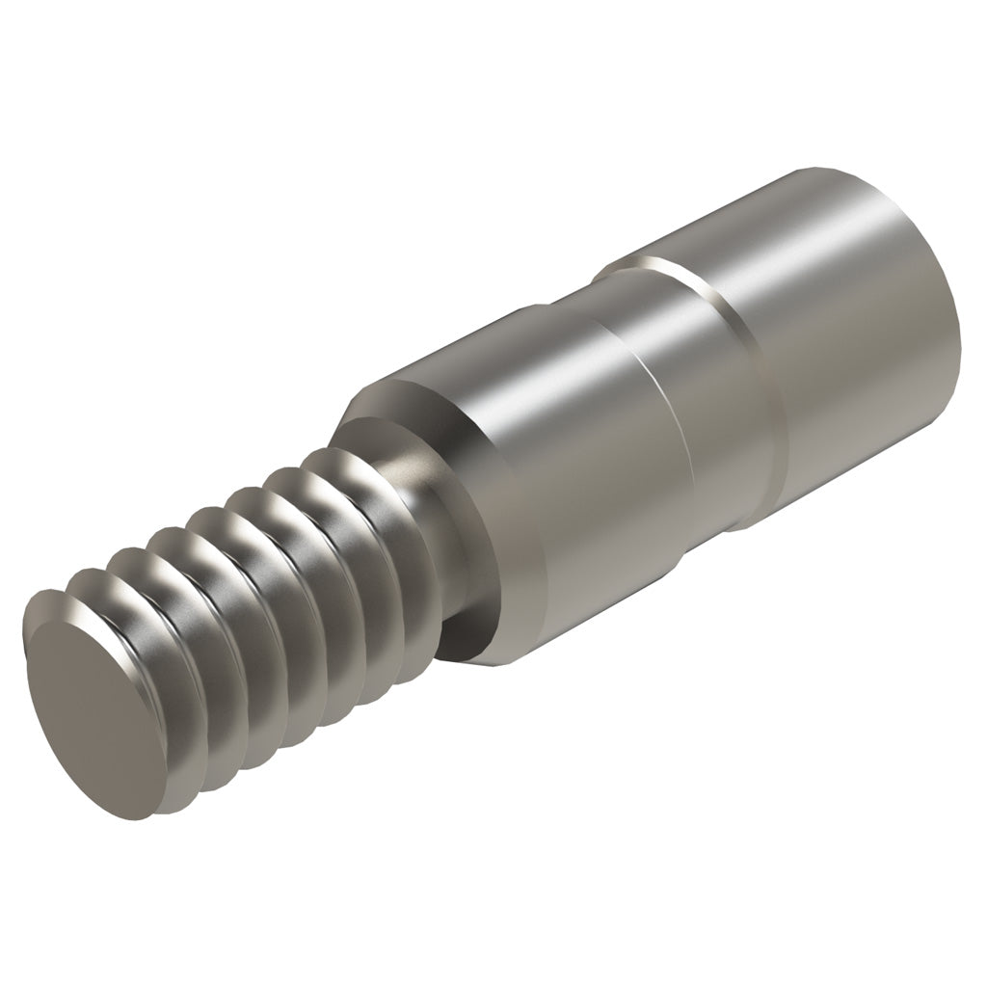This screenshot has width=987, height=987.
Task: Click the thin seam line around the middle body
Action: [x=665, y=424]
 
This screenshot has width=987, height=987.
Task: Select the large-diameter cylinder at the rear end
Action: [x=848, y=328]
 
